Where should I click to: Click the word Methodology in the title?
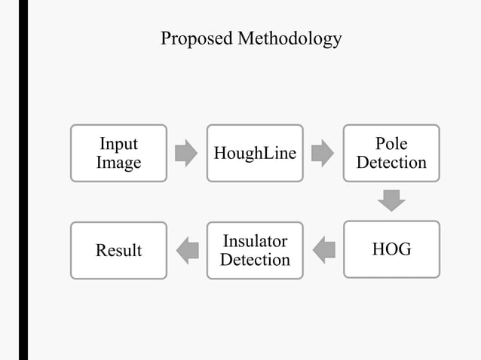pos(290,38)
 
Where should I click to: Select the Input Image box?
pos(118,153)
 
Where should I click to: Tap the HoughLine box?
pos(255,153)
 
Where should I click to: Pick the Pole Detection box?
pos(391,153)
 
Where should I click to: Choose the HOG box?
pos(391,250)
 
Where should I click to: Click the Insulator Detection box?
pos(255,250)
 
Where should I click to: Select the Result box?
pos(118,250)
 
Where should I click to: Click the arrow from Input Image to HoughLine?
pos(186,153)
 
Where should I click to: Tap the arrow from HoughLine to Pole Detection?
pos(323,153)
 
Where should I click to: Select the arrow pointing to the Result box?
pos(186,250)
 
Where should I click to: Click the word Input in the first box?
pos(118,144)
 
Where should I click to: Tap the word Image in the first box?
pos(118,163)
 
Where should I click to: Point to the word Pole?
pos(391,144)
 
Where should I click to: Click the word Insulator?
pos(255,241)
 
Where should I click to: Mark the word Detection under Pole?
pos(391,163)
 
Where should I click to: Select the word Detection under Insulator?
pos(255,260)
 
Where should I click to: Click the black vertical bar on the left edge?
pos(23,180)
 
